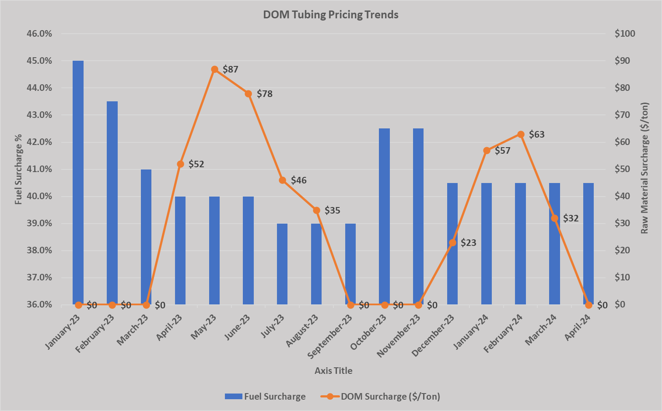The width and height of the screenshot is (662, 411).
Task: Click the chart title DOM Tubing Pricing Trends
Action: (330, 15)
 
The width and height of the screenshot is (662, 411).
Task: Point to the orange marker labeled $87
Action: (214, 69)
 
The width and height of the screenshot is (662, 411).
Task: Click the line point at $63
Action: (521, 134)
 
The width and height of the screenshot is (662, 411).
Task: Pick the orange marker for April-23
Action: (180, 164)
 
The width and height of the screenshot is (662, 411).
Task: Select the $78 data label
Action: (265, 94)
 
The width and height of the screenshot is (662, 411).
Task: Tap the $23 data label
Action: (469, 243)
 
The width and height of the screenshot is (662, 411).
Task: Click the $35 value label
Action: (333, 211)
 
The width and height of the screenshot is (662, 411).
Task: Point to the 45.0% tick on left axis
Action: (39, 61)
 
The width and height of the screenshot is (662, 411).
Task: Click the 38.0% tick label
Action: (39, 250)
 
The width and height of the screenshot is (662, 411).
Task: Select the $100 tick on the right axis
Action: (625, 34)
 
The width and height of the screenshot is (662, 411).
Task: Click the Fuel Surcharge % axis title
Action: (18, 169)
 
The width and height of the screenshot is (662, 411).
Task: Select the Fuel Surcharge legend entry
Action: (265, 397)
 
